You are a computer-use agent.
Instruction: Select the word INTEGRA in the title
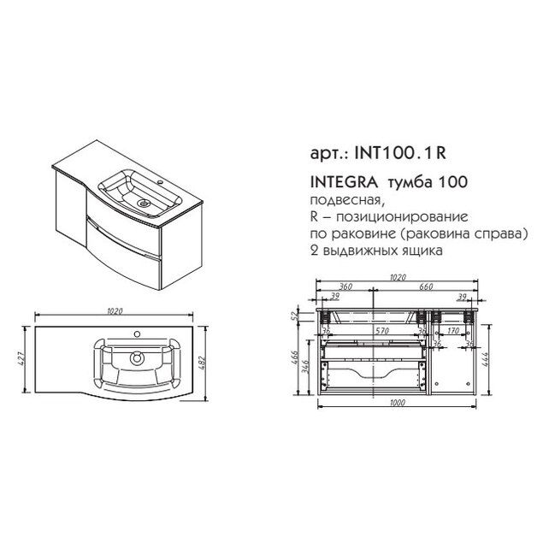coord(338,182)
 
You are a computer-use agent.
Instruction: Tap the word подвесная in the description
coord(338,201)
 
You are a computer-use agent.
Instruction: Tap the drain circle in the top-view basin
coord(135,358)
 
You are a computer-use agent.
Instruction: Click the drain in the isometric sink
coord(143,204)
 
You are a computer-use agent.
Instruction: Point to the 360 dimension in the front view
coord(346,287)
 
